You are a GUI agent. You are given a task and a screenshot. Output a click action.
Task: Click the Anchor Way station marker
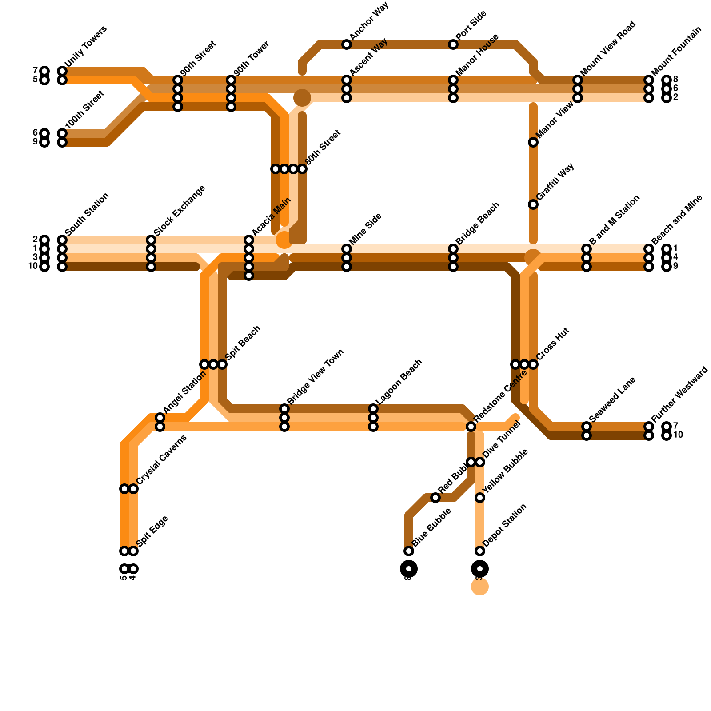[x=347, y=44]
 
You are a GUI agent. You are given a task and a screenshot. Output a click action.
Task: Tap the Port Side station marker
[x=453, y=44]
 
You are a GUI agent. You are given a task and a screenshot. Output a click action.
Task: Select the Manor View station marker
[x=533, y=142]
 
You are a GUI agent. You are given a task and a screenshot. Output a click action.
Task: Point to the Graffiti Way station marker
[x=533, y=204]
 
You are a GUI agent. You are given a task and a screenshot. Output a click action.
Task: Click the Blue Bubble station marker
[x=409, y=551]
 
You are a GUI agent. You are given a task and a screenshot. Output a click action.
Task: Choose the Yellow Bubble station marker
[x=480, y=498]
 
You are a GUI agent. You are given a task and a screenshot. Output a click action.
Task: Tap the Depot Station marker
[x=480, y=551]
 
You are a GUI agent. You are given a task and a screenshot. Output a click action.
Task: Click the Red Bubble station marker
[x=435, y=498]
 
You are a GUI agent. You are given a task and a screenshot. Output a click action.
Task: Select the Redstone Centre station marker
[x=471, y=427]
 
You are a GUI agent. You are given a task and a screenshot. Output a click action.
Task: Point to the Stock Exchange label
[x=179, y=210]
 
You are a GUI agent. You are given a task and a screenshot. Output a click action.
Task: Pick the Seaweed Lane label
[x=612, y=399]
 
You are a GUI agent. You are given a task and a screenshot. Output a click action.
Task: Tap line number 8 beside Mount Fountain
[x=675, y=80]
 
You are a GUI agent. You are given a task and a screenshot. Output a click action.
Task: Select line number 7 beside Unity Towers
[x=35, y=71]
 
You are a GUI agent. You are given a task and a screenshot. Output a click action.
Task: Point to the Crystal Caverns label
[x=161, y=459]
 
